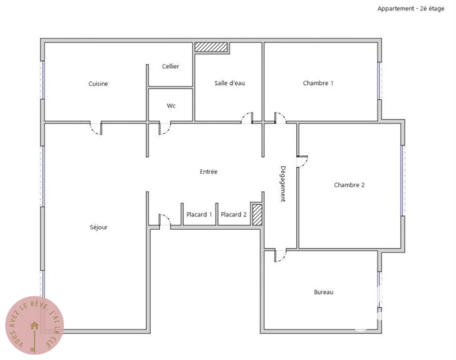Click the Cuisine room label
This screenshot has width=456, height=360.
(x=98, y=84)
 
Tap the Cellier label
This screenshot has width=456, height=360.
(x=171, y=66)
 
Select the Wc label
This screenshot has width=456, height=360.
(x=171, y=105)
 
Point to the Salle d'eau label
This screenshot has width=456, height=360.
(x=230, y=83)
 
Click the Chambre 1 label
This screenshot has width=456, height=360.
(x=318, y=83)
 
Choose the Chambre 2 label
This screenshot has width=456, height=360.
(x=349, y=185)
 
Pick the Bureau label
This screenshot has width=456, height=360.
(x=323, y=292)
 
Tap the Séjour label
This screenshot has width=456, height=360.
(x=98, y=227)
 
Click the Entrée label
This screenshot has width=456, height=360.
(x=209, y=172)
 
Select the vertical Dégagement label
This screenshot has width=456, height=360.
(x=283, y=184)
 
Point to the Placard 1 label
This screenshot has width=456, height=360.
(x=199, y=214)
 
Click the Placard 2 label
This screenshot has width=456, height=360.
(x=233, y=214)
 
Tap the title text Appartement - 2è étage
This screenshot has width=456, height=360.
(x=411, y=8)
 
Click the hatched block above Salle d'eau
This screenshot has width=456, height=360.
(x=211, y=47)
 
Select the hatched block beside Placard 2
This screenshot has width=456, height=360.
(x=257, y=215)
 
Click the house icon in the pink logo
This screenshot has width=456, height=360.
(x=35, y=325)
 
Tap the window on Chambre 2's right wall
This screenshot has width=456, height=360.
(x=403, y=180)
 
